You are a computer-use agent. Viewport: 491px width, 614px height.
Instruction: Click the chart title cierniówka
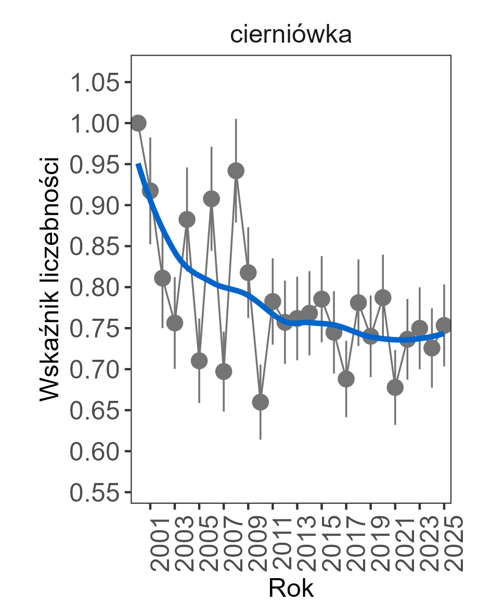coord(291,35)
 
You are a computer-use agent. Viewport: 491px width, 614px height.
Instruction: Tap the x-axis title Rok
coord(291,589)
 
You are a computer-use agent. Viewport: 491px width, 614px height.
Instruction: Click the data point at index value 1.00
coord(138,123)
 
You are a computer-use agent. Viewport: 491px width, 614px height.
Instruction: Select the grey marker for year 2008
coord(236,171)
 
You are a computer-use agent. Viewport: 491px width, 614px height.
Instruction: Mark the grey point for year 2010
coord(260,402)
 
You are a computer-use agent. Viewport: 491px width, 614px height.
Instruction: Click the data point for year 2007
coord(224,371)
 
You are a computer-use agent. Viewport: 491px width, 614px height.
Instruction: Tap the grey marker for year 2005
coord(199,360)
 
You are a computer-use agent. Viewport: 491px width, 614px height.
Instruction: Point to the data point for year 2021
coord(395,387)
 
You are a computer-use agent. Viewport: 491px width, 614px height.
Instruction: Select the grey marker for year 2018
coord(358,303)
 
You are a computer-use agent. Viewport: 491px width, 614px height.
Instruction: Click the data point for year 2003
coord(175,323)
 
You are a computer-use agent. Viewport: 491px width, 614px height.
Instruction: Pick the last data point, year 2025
coord(444,325)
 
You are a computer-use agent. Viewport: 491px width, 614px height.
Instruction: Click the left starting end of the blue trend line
coord(138,164)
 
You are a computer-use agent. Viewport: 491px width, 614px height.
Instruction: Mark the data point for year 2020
coord(383,297)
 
